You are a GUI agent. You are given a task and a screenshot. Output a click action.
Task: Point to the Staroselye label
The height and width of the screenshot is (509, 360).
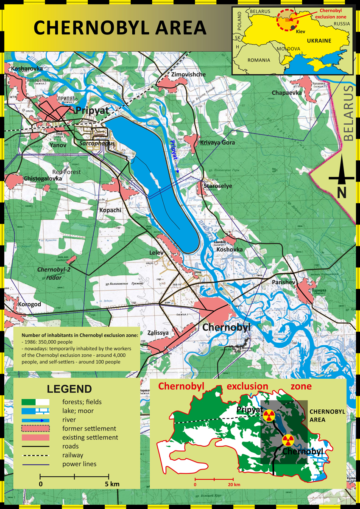tap(218, 186)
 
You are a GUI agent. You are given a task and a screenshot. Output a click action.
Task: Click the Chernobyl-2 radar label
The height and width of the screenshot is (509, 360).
tap(54, 274)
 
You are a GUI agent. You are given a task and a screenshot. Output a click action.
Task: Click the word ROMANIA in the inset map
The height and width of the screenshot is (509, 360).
tap(259, 60)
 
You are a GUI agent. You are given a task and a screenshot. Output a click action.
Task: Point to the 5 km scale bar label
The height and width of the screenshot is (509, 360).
tap(112, 484)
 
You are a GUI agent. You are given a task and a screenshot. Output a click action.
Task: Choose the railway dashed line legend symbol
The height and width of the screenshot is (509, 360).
tap(36, 455)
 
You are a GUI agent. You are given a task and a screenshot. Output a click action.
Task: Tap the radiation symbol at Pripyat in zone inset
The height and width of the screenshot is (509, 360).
tap(268, 415)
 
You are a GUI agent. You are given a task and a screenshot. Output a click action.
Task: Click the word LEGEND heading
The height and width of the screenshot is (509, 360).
tap(69, 389)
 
